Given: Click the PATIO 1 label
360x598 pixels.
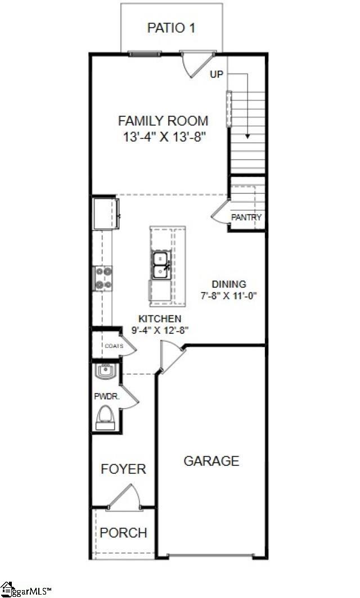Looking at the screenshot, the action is point(172,28).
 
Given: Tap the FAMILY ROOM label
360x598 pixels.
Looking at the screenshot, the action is point(163,121).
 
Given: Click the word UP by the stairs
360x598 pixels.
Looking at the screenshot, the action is point(216,74).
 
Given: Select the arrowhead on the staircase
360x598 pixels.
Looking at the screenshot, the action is point(247,136).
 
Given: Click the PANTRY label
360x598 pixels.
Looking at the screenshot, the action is point(246,218).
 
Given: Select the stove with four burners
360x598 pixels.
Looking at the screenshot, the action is point(103,278).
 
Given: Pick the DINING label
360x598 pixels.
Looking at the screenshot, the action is point(229,284).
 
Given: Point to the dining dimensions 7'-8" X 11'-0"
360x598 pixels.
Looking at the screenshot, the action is point(229,296).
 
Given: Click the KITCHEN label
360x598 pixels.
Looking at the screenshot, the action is point(160,319).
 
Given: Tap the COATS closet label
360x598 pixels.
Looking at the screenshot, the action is point(114,346).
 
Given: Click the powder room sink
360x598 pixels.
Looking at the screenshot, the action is point(105,371).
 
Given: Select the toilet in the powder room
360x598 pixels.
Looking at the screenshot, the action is point(105,418).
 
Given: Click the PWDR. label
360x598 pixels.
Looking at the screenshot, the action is point(107,397).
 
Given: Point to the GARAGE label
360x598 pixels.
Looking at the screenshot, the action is point(211,461).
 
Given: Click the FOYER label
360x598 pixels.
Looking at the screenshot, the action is point(123,469).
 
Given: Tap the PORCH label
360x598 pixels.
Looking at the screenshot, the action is point(123,532).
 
